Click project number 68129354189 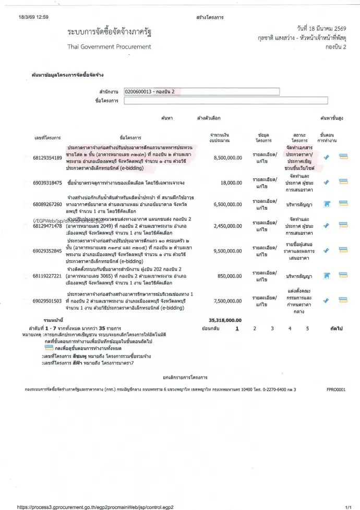pos(47,157)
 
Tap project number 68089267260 pos(47,205)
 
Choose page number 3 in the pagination pos(272,329)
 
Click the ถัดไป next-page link pos(335,329)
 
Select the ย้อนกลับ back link pos(210,329)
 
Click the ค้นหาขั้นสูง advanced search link pos(331,118)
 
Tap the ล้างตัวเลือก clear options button pos(209,118)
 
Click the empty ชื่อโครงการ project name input pos(225,101)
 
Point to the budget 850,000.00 pos(230,275)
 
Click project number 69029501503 pos(47,301)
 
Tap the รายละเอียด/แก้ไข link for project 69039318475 pos(265,183)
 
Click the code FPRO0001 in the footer pos(335,389)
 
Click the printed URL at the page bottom pos(95,506)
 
